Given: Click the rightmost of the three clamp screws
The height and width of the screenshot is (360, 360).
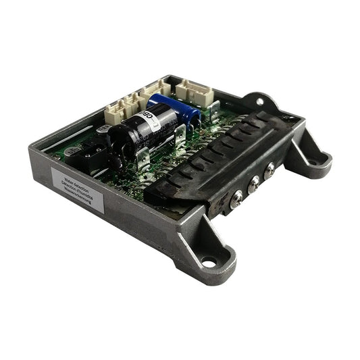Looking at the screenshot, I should click(269, 170).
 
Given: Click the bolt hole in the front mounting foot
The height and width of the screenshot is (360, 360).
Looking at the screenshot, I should click(207, 261).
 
